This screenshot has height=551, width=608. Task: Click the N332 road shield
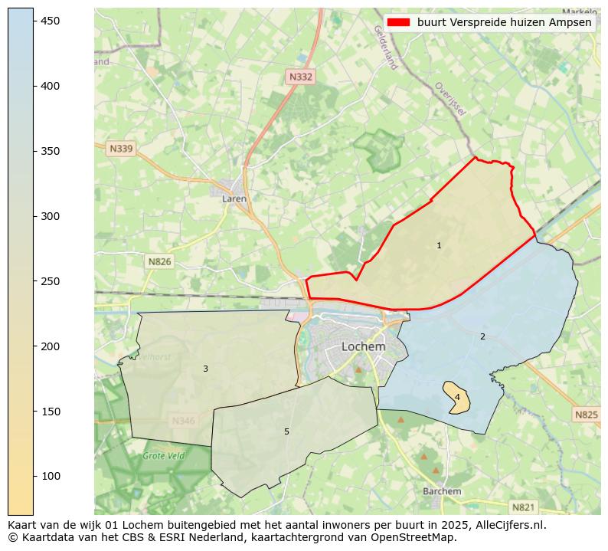click(300, 77)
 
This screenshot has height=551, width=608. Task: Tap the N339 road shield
click(121, 149)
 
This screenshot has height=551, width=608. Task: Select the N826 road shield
click(159, 261)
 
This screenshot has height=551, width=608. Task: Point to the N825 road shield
click(586, 415)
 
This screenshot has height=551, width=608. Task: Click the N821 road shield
click(523, 507)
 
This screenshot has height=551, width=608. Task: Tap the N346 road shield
click(183, 421)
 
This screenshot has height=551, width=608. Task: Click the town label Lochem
click(363, 346)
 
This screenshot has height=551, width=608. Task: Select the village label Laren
click(234, 198)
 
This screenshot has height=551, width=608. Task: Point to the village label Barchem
click(442, 491)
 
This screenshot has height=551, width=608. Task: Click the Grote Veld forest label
click(163, 456)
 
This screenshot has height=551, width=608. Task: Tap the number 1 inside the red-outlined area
click(439, 246)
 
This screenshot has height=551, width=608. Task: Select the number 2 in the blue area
click(482, 336)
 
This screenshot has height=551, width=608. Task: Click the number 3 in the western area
click(205, 369)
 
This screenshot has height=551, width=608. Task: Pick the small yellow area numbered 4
click(457, 397)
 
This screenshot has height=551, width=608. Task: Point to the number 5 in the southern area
click(286, 431)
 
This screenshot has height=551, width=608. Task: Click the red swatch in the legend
click(399, 22)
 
